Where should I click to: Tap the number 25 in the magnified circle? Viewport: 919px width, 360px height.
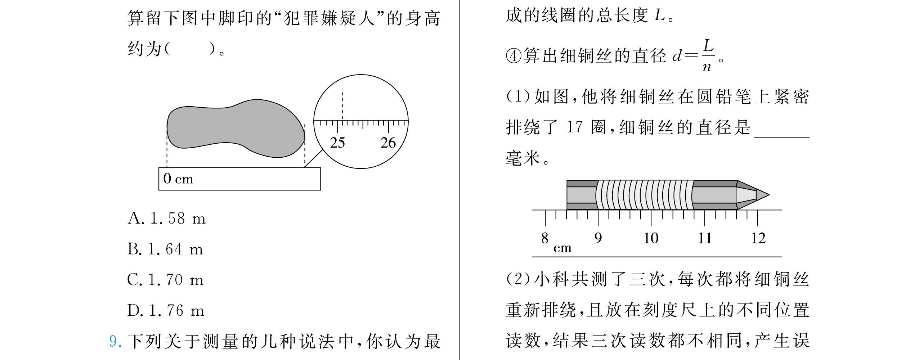click(337, 143)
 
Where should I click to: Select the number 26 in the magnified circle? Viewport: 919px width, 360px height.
click(388, 143)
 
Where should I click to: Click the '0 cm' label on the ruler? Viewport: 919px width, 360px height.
click(178, 179)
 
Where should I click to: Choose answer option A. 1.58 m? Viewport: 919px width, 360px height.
click(166, 219)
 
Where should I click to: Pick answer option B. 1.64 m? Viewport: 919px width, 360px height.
click(165, 249)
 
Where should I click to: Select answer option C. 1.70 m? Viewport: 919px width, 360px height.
click(165, 280)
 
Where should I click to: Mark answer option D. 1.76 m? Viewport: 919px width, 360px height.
click(166, 310)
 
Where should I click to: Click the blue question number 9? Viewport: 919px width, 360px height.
click(115, 341)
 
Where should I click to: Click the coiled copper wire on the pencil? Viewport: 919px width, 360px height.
click(645, 195)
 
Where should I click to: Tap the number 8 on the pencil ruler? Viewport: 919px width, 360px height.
click(544, 238)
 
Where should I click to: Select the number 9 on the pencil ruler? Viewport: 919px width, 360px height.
click(598, 238)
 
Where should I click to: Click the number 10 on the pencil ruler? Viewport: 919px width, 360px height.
click(651, 238)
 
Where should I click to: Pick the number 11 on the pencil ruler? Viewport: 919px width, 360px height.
click(705, 238)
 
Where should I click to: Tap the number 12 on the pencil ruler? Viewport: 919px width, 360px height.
click(758, 238)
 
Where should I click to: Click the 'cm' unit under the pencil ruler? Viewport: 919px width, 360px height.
click(562, 248)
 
